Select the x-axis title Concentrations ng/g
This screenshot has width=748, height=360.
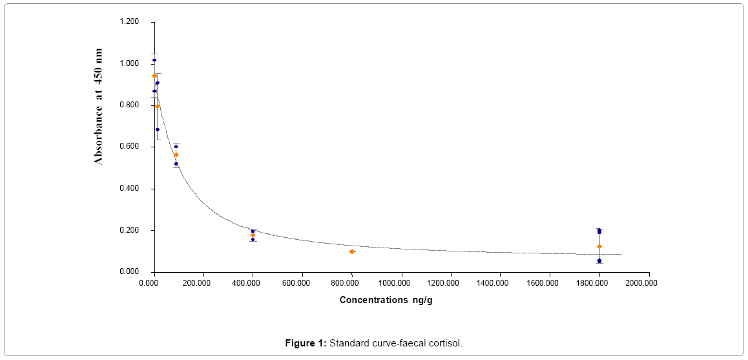coord(390,300)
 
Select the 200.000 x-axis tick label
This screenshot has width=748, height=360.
coord(202,282)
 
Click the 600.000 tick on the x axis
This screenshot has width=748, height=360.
coord(301,282)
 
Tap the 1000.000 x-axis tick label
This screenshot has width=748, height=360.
coord(400,282)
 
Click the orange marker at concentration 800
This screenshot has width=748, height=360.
coord(352,251)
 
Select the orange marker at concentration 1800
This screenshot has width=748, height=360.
coord(599,246)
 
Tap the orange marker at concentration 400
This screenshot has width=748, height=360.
coord(253,235)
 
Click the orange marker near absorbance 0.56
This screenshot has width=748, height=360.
coord(176,155)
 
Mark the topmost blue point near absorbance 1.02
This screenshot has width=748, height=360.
coord(154,60)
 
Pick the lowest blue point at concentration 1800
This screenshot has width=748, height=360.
coord(599,261)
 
